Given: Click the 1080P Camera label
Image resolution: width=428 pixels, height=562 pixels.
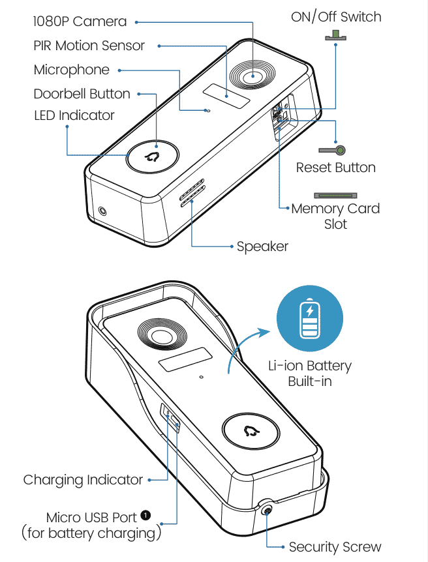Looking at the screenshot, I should click(80, 22).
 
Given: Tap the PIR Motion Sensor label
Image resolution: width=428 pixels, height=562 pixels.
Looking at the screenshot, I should click(89, 46).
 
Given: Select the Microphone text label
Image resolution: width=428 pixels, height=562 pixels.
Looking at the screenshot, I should click(71, 70).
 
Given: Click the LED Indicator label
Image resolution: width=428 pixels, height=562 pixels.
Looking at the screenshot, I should click(74, 116).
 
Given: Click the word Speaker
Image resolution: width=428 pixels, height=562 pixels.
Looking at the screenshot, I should click(262, 246).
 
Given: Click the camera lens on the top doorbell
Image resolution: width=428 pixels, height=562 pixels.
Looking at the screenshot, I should click(249, 77).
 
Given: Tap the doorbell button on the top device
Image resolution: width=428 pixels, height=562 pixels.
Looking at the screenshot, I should click(154, 156).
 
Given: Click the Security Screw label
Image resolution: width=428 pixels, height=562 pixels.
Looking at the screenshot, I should click(335, 547).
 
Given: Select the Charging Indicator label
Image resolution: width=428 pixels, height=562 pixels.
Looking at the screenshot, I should click(83, 480).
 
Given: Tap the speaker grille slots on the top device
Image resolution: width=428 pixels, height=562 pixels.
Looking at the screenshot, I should click(192, 194).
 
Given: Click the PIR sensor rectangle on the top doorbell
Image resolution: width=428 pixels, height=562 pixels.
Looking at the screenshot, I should click(226, 98).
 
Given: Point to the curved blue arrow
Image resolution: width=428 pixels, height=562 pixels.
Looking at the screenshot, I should click(245, 349).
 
